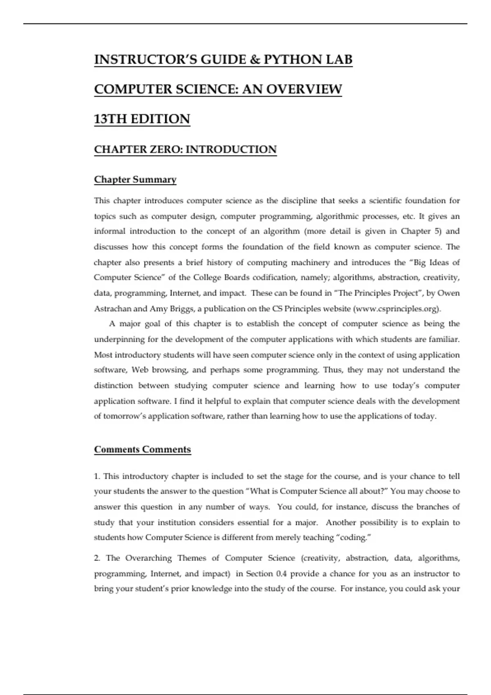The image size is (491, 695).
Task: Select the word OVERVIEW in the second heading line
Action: point(304,89)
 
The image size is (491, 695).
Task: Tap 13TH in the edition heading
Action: point(109,119)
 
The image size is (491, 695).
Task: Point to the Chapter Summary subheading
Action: point(135,179)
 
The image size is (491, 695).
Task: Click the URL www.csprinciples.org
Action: point(396,309)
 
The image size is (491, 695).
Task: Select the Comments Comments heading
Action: point(142,450)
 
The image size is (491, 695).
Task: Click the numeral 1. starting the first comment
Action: point(97,476)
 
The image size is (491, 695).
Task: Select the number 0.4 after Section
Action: point(282,574)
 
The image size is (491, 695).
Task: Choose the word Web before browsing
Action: point(140,370)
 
